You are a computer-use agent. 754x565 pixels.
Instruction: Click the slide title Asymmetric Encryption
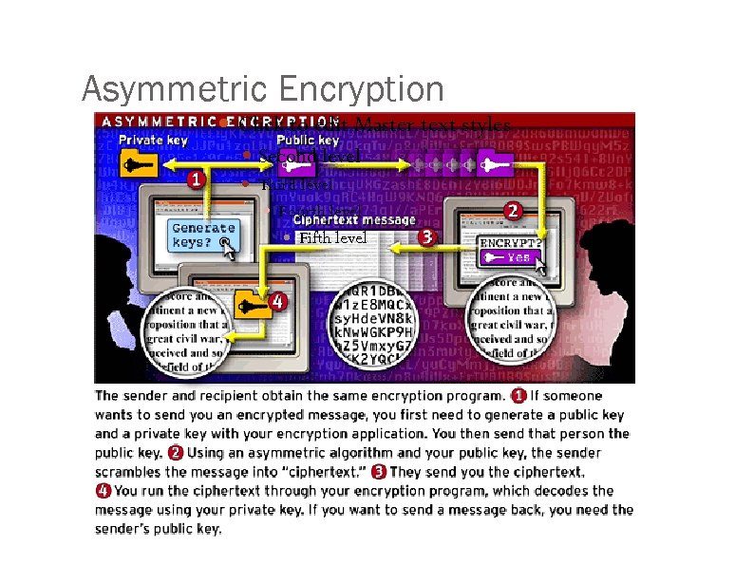[262, 89]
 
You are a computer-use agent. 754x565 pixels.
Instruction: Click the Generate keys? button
[202, 235]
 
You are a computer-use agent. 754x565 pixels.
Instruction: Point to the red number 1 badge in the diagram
[195, 179]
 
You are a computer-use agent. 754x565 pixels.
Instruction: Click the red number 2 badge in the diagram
[513, 210]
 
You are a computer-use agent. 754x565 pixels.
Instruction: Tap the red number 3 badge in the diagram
[426, 236]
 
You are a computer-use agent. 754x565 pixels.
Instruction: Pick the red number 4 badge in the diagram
[277, 302]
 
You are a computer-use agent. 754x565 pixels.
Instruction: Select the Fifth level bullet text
[331, 237]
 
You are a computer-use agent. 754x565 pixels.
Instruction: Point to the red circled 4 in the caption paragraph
[102, 491]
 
